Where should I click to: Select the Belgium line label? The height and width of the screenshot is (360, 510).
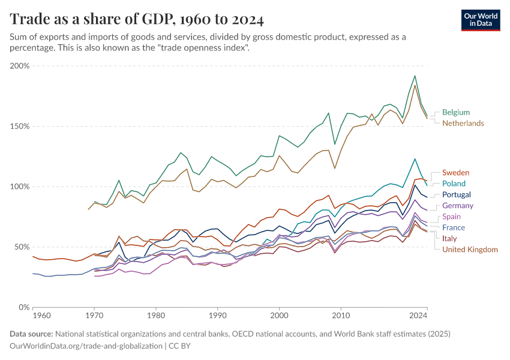click(456, 112)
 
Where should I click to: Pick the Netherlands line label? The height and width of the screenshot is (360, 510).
click(463, 123)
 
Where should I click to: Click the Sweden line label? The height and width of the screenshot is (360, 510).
click(455, 173)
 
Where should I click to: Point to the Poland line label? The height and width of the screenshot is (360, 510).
click(454, 184)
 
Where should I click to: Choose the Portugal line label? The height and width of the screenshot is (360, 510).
click(457, 194)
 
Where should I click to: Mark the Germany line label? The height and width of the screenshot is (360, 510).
click(458, 206)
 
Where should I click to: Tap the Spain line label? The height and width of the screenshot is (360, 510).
click(452, 217)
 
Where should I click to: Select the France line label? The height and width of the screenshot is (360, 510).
click(454, 227)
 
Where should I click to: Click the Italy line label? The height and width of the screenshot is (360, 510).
click(449, 238)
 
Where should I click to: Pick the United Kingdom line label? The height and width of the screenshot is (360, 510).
click(470, 250)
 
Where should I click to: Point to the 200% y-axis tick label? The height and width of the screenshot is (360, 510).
click(20, 66)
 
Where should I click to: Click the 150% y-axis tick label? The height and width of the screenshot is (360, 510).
click(20, 127)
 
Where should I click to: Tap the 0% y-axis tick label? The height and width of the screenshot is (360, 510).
click(24, 307)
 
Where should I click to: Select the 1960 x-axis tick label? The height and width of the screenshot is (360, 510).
click(41, 314)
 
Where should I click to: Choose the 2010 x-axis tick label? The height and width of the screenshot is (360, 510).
click(341, 314)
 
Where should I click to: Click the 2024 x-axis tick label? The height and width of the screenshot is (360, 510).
click(419, 314)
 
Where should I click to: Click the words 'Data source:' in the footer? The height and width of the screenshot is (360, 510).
click(31, 334)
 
